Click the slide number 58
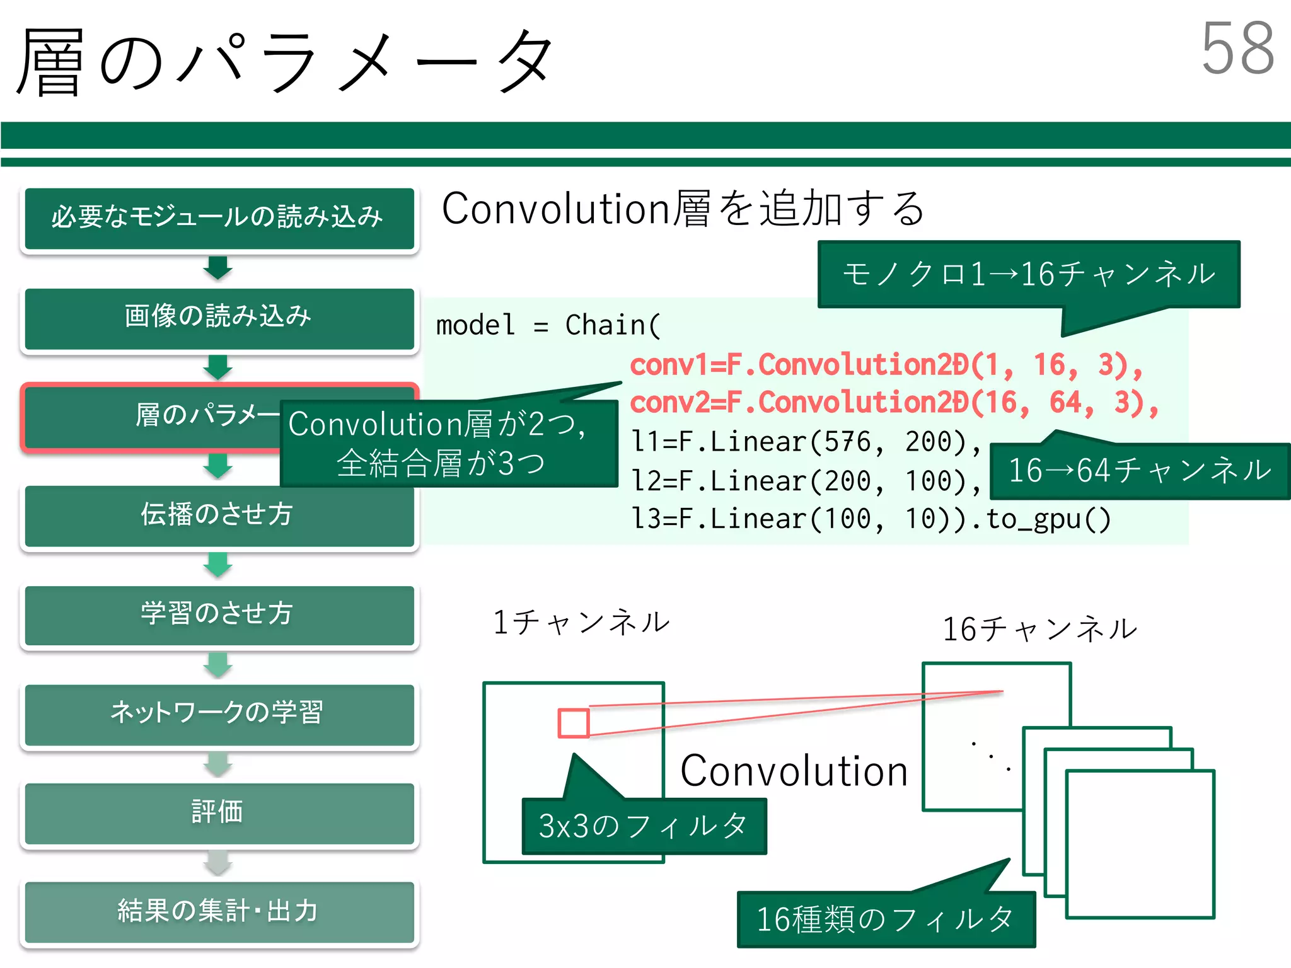1237,49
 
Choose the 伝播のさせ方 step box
219,515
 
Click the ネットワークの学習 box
219,713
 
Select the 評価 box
219,812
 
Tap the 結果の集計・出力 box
219,911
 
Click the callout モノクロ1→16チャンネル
1028,275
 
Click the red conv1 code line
886,366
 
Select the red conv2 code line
894,404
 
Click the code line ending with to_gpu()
871,520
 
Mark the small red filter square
574,723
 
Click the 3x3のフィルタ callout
644,826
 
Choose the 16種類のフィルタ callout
885,919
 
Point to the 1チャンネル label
581,623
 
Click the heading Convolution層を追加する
683,209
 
